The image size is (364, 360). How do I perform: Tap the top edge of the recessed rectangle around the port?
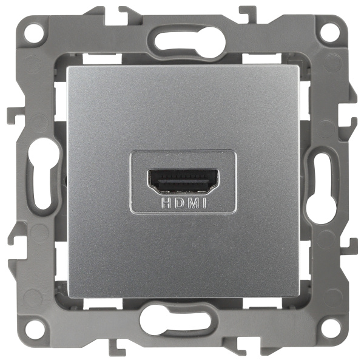(x=182, y=151)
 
